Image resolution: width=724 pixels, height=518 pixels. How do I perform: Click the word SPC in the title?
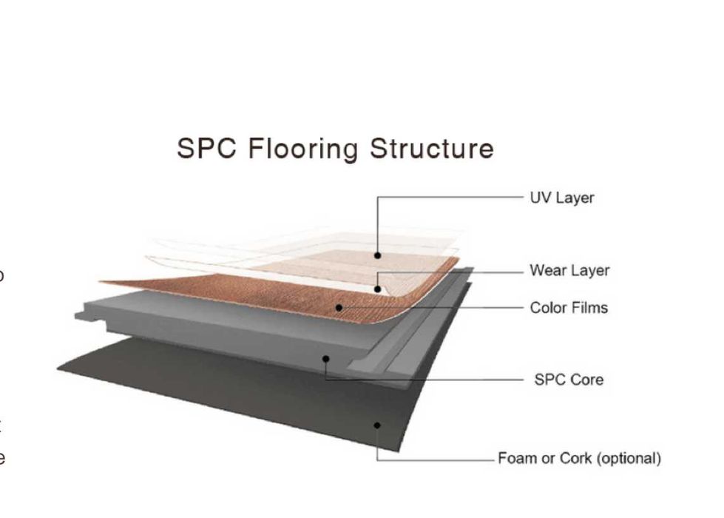pos(208,149)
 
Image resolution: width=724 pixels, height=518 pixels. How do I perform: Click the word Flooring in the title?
pos(304,149)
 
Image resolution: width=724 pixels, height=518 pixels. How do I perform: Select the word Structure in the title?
pos(432,149)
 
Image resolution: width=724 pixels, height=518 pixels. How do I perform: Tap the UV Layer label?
pos(562,198)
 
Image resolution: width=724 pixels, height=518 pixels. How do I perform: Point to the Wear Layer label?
pos(569,271)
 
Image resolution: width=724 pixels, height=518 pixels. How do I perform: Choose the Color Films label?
pos(569,308)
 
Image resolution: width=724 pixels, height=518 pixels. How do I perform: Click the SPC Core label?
pos(569,380)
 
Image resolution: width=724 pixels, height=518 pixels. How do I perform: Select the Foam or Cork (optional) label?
pos(579,459)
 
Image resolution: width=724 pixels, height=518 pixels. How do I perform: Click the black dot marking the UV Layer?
pos(377,255)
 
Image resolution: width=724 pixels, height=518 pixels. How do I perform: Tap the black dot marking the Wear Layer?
pos(377,289)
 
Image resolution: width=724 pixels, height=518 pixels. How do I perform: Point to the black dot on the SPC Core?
pos(326,359)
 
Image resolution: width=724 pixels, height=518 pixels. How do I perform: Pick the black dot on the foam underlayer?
pos(377,425)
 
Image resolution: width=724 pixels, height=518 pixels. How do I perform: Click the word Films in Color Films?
pos(589,308)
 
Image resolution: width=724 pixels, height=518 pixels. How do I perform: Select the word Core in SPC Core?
pos(587,380)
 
